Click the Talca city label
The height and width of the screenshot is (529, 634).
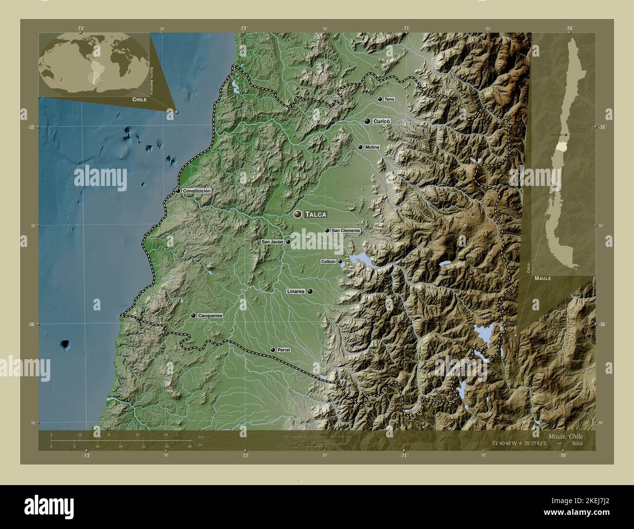(316, 214)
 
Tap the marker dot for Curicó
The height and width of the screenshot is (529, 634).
(367, 121)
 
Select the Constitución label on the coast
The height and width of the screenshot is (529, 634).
(197, 191)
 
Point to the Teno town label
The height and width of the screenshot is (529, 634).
(389, 99)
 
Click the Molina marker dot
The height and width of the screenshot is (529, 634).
(360, 147)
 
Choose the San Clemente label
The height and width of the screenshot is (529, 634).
(346, 230)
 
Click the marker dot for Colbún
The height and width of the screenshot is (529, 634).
(340, 262)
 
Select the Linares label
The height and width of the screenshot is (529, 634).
(296, 291)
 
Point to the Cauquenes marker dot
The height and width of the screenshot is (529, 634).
(194, 316)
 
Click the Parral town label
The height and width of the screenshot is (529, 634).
(283, 350)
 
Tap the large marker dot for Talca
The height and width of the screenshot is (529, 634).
(297, 214)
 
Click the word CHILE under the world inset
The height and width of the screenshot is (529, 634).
(139, 99)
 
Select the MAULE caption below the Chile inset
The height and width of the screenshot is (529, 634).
(542, 278)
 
